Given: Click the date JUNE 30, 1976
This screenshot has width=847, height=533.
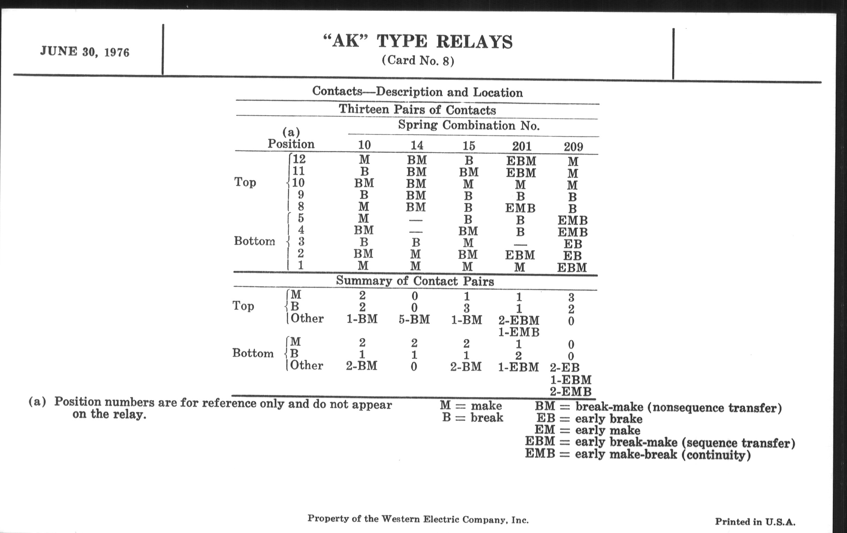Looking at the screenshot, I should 84,52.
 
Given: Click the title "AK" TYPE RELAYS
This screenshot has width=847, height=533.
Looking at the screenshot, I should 418,42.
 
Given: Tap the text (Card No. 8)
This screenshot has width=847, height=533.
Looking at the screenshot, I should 418,61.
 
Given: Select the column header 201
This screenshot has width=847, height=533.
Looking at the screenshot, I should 521,146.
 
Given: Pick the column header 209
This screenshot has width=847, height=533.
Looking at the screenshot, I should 573,146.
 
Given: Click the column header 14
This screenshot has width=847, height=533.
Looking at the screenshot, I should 417,145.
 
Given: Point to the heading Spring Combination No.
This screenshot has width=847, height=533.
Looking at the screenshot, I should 468,126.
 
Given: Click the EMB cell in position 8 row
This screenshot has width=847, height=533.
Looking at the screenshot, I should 520,208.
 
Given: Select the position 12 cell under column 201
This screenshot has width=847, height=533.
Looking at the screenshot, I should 521,161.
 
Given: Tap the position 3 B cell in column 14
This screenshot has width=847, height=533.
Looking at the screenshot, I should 416,243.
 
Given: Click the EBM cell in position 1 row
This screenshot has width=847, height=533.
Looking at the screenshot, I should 572,268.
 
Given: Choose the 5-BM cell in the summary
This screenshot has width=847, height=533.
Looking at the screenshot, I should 414,319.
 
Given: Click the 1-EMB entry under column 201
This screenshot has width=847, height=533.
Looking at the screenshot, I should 519,332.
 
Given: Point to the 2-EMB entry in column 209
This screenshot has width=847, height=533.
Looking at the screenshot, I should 570,392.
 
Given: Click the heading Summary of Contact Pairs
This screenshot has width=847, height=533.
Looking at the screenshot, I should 415,281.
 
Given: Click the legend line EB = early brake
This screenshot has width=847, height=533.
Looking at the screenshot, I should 589,419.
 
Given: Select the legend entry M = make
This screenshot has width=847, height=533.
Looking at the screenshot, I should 471,405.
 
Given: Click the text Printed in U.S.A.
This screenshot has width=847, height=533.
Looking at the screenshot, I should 755,522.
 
